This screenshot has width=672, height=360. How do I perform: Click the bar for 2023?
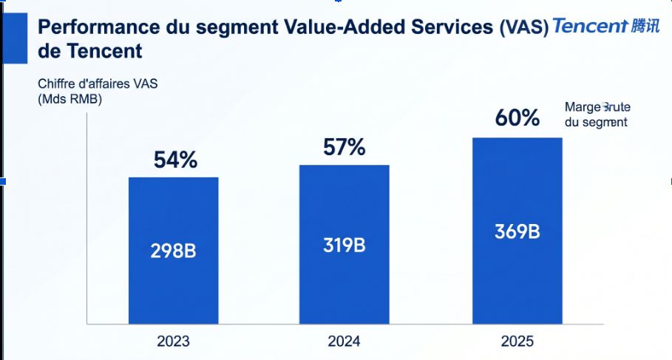point(174,251)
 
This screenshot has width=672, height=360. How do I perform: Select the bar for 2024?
point(345,244)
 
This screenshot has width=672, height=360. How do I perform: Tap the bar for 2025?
point(517,231)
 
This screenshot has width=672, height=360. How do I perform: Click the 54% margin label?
point(175,160)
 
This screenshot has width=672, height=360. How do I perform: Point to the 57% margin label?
point(345,147)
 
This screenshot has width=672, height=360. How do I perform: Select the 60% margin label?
point(517,118)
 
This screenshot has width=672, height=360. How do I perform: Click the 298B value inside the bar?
point(173,251)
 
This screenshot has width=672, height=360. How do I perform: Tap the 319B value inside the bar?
point(345,245)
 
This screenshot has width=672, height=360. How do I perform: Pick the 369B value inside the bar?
point(517,231)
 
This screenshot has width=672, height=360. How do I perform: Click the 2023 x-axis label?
point(173,342)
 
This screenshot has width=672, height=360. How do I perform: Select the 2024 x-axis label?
point(345,342)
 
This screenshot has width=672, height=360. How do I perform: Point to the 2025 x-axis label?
point(517,342)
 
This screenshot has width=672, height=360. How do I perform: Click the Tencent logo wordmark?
point(590,26)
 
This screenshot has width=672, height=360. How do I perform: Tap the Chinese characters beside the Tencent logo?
point(645,26)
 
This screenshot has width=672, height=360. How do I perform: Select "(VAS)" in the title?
point(523,27)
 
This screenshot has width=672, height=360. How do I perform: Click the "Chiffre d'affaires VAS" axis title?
point(98,84)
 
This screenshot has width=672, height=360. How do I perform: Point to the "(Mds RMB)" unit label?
point(69,100)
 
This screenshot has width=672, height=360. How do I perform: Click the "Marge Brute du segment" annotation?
point(597,115)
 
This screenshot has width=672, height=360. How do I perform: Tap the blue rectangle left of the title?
point(15,38)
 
